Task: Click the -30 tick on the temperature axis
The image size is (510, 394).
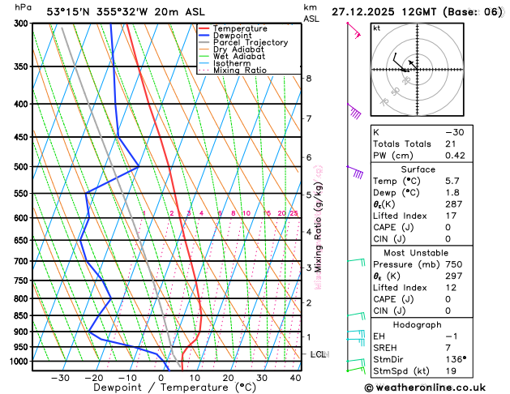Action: (x=60, y=378)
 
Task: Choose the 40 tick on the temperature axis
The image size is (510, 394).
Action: (x=295, y=378)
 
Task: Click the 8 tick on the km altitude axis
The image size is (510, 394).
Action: (x=309, y=79)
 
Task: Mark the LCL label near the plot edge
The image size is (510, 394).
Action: (x=319, y=355)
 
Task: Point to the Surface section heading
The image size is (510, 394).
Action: (x=435, y=169)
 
